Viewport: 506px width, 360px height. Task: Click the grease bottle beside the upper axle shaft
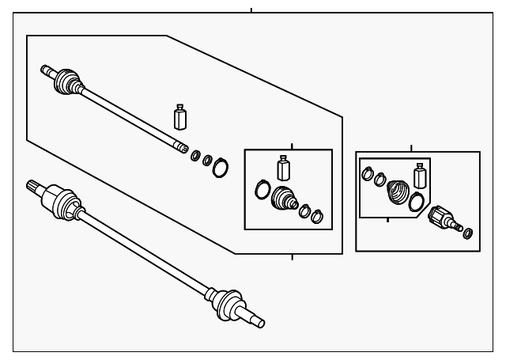click(181, 117)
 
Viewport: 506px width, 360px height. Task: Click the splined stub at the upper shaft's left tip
click(47, 70)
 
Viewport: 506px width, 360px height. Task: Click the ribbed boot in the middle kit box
click(283, 199)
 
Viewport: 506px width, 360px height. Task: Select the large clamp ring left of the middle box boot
click(262, 189)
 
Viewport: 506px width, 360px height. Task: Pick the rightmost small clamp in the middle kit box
click(317, 216)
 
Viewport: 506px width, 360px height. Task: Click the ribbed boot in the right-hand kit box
click(397, 192)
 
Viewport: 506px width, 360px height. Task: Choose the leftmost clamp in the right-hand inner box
click(368, 172)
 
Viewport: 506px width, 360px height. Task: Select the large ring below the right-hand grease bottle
click(417, 203)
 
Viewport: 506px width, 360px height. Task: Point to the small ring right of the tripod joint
click(468, 233)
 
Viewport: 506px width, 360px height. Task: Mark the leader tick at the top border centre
click(251, 10)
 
